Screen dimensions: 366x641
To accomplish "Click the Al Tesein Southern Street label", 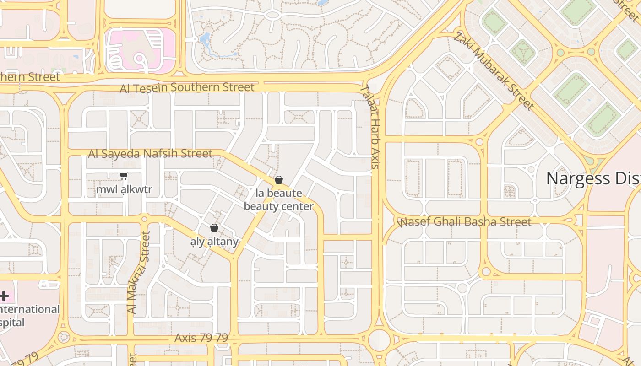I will point(187,87).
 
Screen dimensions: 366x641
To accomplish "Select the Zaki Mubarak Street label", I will point(494,71).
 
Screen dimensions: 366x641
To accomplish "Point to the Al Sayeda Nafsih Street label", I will point(150,153).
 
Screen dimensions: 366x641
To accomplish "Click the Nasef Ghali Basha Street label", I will point(465,222).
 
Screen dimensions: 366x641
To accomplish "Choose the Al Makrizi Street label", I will point(145,272).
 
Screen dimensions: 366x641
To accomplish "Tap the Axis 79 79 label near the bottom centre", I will point(201,338).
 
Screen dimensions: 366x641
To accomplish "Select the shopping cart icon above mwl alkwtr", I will point(124,176).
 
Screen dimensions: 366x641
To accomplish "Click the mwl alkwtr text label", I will point(124,189).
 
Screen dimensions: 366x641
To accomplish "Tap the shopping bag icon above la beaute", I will point(278,180).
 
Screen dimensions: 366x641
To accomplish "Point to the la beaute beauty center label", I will point(278,199).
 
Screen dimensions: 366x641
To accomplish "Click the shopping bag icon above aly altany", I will point(214,228).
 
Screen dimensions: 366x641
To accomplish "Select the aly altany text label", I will point(214,241).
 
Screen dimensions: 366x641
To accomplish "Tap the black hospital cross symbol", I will point(4,296).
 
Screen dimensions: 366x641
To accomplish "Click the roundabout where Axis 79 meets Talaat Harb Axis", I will point(379,339).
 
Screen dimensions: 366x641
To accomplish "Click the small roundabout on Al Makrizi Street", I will point(145,219).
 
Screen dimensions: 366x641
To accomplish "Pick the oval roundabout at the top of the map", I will point(272,15).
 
